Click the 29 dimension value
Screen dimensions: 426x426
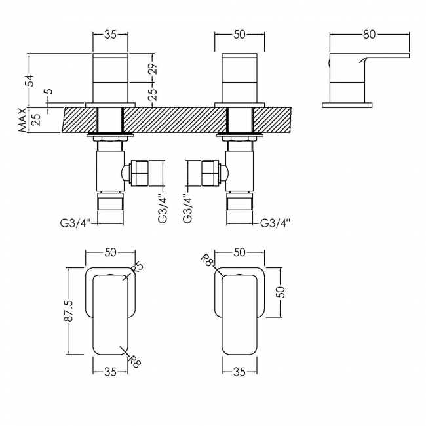pos(153,68)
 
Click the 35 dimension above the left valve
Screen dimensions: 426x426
pos(110,31)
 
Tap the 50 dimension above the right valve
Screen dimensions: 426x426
pos(239,31)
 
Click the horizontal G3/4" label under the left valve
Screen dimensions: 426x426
pos(76,223)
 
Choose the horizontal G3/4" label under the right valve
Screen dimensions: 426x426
pos(275,223)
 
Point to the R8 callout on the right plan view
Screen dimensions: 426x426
pos(209,263)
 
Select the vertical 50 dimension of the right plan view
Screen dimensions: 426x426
pos(281,291)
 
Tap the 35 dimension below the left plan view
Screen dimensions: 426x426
pos(110,372)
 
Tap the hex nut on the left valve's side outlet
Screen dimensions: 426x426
pos(140,173)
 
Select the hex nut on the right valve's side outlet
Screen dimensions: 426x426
pos(210,173)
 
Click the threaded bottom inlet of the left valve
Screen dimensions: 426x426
pos(110,199)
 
